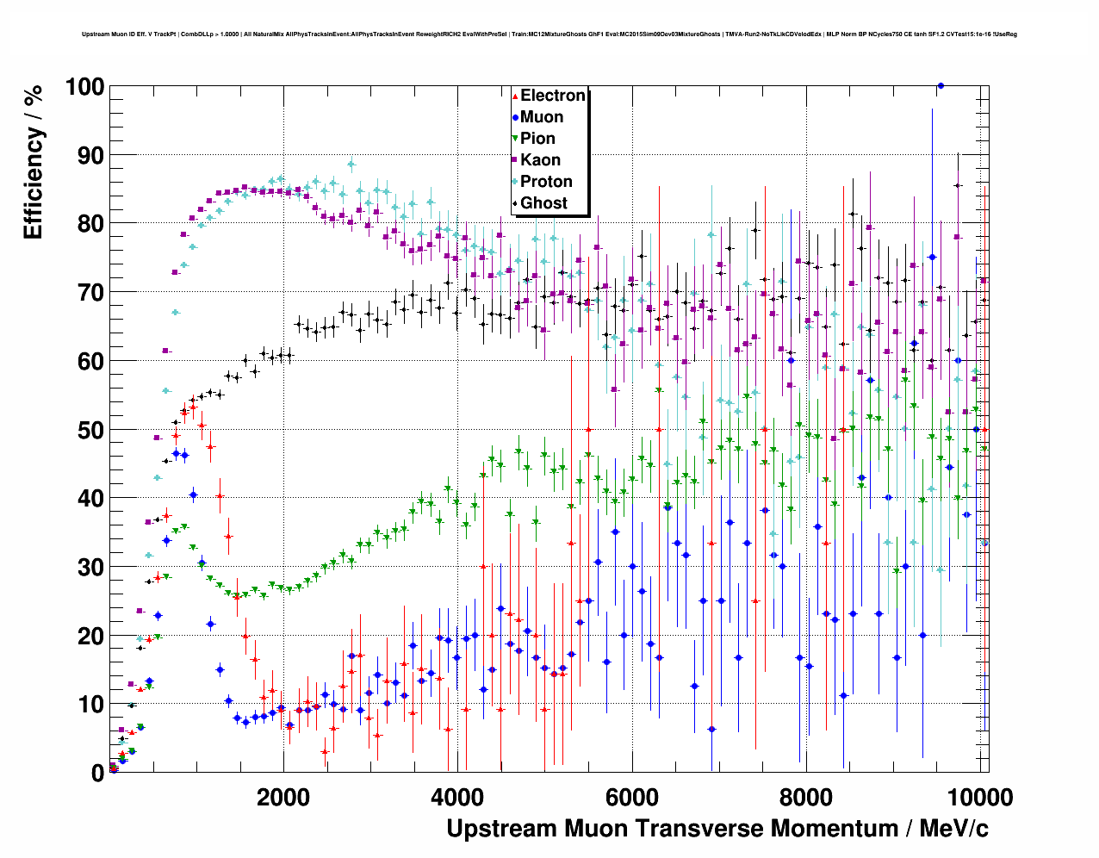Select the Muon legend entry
pos(541,117)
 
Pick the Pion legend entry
pos(537,139)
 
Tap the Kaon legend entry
pos(540,160)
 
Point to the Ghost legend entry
pos(543,203)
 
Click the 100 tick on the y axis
pos(84,87)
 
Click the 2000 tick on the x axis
pos(283,797)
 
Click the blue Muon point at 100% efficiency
pos(941,85)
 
